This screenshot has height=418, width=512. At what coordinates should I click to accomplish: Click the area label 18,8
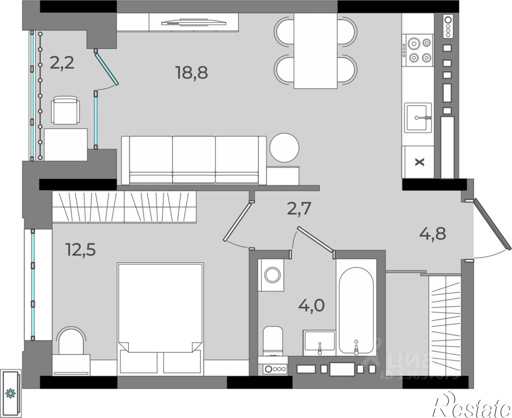coord(192,72)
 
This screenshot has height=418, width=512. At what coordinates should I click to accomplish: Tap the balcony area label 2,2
coord(62,63)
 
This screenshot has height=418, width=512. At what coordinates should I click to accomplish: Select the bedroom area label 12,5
coord(81,250)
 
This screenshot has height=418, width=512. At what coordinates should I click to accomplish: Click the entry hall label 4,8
coord(432,234)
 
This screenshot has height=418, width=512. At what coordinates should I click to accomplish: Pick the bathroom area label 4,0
coord(311,305)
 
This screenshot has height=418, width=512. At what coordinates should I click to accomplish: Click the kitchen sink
coord(418,118)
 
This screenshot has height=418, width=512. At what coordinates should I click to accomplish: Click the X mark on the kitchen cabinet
coord(419,162)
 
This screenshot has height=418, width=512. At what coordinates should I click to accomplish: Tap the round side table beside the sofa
coord(284,148)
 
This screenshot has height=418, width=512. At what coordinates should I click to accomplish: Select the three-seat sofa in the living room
coord(194,160)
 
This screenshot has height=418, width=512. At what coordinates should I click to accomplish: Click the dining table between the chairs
coord(315,51)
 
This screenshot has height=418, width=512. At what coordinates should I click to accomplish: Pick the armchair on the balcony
coord(65,110)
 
